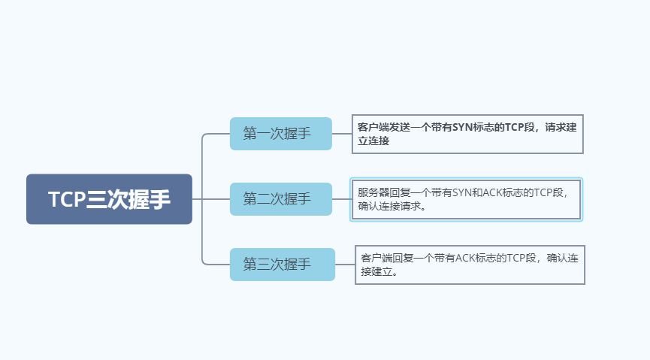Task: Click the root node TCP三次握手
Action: click(109, 199)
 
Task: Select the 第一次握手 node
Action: click(280, 134)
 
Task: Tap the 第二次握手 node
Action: click(280, 199)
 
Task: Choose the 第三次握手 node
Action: click(282, 265)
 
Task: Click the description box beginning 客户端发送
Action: click(467, 135)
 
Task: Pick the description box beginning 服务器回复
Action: click(466, 199)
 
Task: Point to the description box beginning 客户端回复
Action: click(470, 265)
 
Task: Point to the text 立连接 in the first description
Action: click(373, 141)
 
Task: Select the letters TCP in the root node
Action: click(67, 199)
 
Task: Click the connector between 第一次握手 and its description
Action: click(342, 134)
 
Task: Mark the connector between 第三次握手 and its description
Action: click(345, 265)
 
